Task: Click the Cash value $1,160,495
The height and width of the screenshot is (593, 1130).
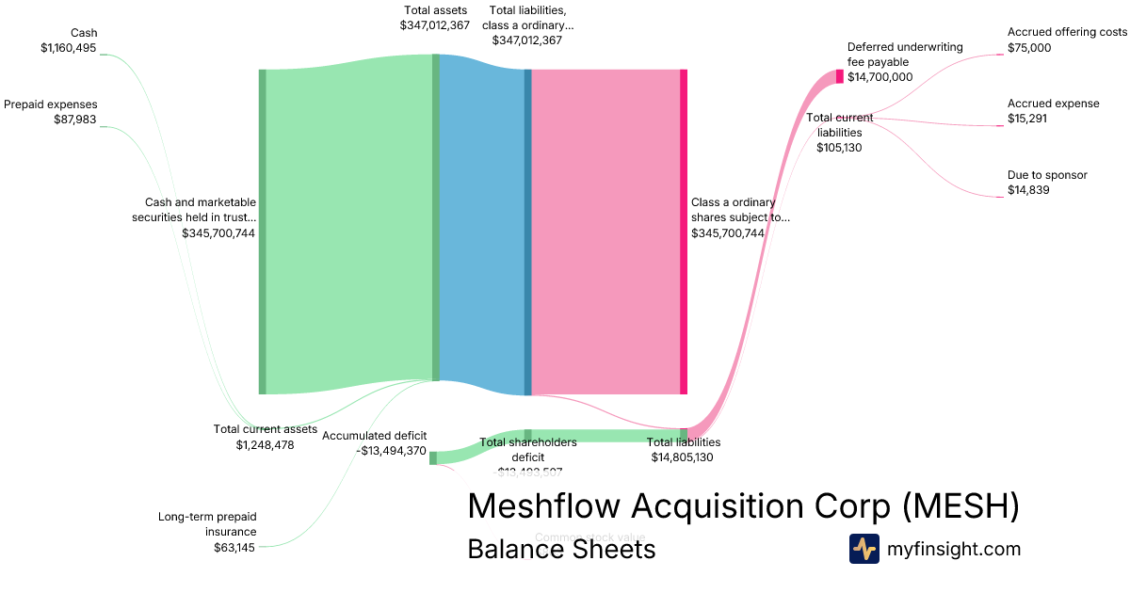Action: pos(69,48)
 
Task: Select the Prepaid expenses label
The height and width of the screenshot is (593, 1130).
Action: pos(51,104)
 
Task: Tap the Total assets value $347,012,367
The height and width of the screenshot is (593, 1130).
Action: pos(434,25)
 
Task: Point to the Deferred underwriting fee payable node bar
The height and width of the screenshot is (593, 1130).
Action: pos(839,76)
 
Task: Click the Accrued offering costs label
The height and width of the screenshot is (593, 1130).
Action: pos(1067,32)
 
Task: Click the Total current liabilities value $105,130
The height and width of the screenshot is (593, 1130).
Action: pos(839,148)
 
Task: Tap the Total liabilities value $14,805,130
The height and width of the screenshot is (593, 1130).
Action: pos(683,457)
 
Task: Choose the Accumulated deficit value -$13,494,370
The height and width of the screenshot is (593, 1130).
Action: pos(392,451)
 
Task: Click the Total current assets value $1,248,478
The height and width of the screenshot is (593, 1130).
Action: pos(265,444)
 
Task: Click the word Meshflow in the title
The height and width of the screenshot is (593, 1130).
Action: pos(543,506)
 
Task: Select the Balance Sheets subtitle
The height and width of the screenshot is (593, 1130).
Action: pos(561,549)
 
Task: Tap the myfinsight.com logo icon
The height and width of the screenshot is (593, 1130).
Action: pos(864,549)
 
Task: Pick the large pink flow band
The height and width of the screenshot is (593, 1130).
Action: pos(605,232)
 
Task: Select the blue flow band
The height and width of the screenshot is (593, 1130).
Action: pos(481,226)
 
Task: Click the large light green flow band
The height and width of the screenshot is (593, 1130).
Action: pos(348,226)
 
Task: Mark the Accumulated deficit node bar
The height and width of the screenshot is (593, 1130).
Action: pos(433,458)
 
